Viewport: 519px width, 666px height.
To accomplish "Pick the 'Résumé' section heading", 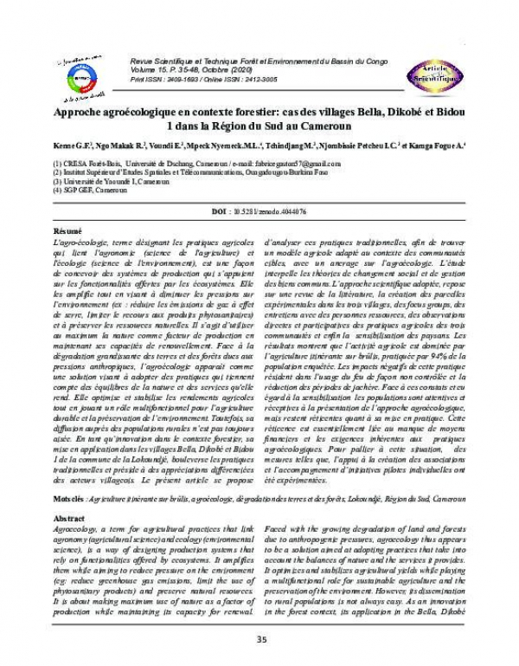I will tap(67, 233).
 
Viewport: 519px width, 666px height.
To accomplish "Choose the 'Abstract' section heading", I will tap(69, 517).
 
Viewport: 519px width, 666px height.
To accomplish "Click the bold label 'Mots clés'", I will tap(69, 500).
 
